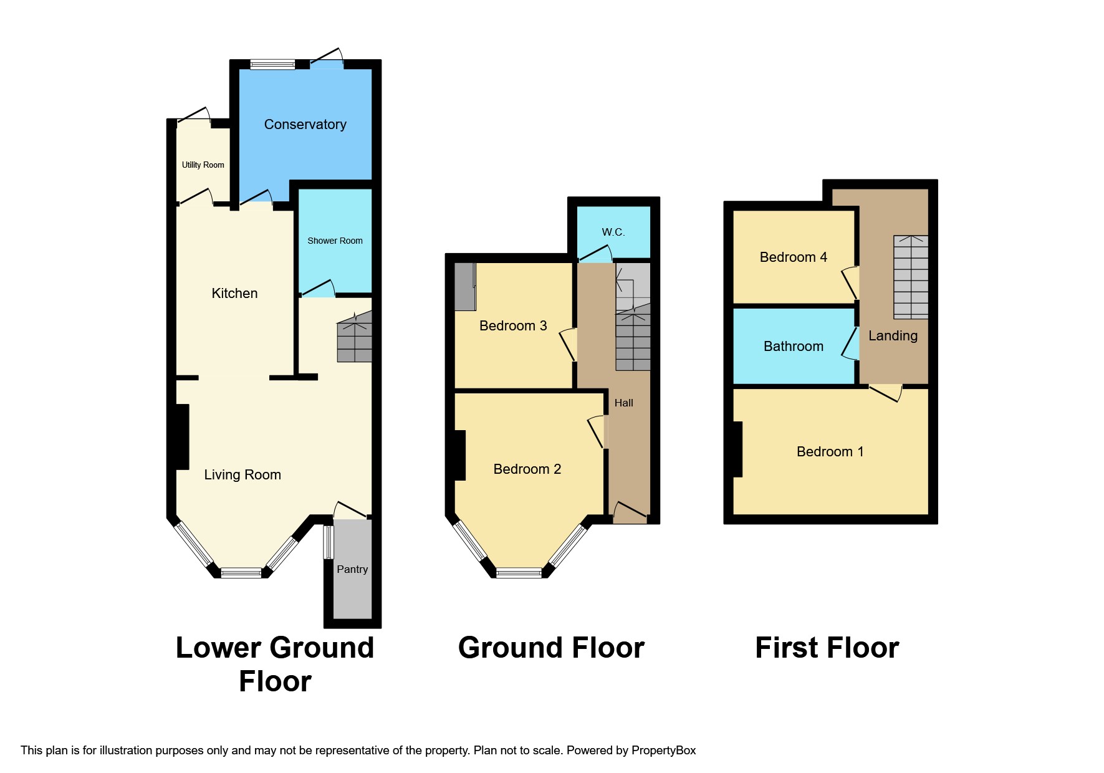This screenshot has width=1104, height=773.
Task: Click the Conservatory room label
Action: click(x=305, y=124)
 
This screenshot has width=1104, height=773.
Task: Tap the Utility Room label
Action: click(x=203, y=165)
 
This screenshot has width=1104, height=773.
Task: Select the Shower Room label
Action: click(x=335, y=241)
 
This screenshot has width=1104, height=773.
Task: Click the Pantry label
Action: click(x=352, y=569)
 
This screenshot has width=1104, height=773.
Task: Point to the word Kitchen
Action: click(x=234, y=293)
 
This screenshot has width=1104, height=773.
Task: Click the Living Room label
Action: click(x=242, y=474)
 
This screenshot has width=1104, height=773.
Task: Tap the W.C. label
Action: click(x=613, y=232)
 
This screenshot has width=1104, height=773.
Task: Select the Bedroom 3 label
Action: click(x=512, y=325)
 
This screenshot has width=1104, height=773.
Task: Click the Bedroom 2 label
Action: click(x=527, y=469)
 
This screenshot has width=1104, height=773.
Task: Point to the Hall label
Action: click(x=623, y=403)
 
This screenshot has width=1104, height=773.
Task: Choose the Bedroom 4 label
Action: click(x=793, y=257)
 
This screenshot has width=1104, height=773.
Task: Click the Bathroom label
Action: click(x=793, y=346)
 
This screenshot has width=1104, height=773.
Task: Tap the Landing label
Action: click(x=893, y=335)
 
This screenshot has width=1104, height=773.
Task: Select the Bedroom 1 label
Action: click(x=830, y=451)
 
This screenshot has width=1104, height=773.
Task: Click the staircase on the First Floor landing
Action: click(x=911, y=277)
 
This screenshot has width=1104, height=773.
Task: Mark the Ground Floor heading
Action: click(x=551, y=648)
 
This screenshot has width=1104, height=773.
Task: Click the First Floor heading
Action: click(x=827, y=648)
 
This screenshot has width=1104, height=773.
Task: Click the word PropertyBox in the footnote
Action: click(x=663, y=750)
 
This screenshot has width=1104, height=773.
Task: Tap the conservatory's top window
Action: click(x=272, y=64)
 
